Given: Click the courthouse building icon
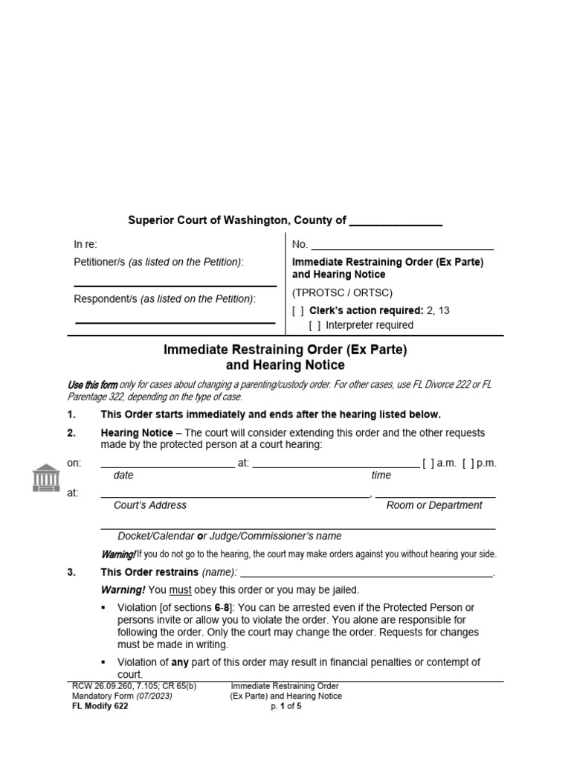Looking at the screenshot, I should (x=46, y=477).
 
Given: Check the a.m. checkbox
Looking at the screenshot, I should (x=427, y=463).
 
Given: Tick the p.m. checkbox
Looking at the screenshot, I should (x=466, y=463).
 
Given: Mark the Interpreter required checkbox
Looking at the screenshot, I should (x=314, y=325).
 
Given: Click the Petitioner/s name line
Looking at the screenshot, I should (x=175, y=285).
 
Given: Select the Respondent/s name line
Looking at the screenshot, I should (x=175, y=322).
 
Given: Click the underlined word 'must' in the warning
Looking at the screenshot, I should (x=180, y=590).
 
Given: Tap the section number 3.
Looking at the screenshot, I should (x=71, y=572).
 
